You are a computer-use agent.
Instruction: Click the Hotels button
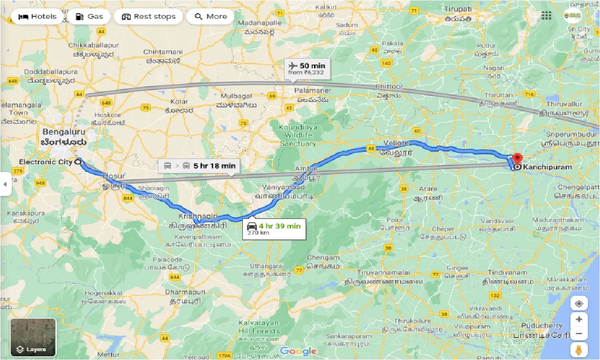(x=37, y=16)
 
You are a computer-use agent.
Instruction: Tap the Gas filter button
(x=89, y=16)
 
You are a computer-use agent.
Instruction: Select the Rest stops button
(x=148, y=16)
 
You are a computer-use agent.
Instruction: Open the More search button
(x=210, y=16)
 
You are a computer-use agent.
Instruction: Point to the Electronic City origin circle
(x=78, y=162)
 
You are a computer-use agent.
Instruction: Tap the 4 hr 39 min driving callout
(x=274, y=229)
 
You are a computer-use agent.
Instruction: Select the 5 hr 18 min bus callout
(x=199, y=165)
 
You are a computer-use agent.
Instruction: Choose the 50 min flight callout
(x=307, y=69)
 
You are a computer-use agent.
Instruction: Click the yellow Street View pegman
(x=579, y=350)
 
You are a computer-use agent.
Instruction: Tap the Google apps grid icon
(x=546, y=16)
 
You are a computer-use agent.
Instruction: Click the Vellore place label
(x=396, y=143)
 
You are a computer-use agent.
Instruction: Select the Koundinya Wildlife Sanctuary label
(x=298, y=135)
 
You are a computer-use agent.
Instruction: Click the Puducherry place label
(x=543, y=326)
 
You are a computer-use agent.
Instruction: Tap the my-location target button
(x=579, y=304)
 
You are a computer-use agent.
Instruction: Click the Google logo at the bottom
(x=299, y=351)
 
